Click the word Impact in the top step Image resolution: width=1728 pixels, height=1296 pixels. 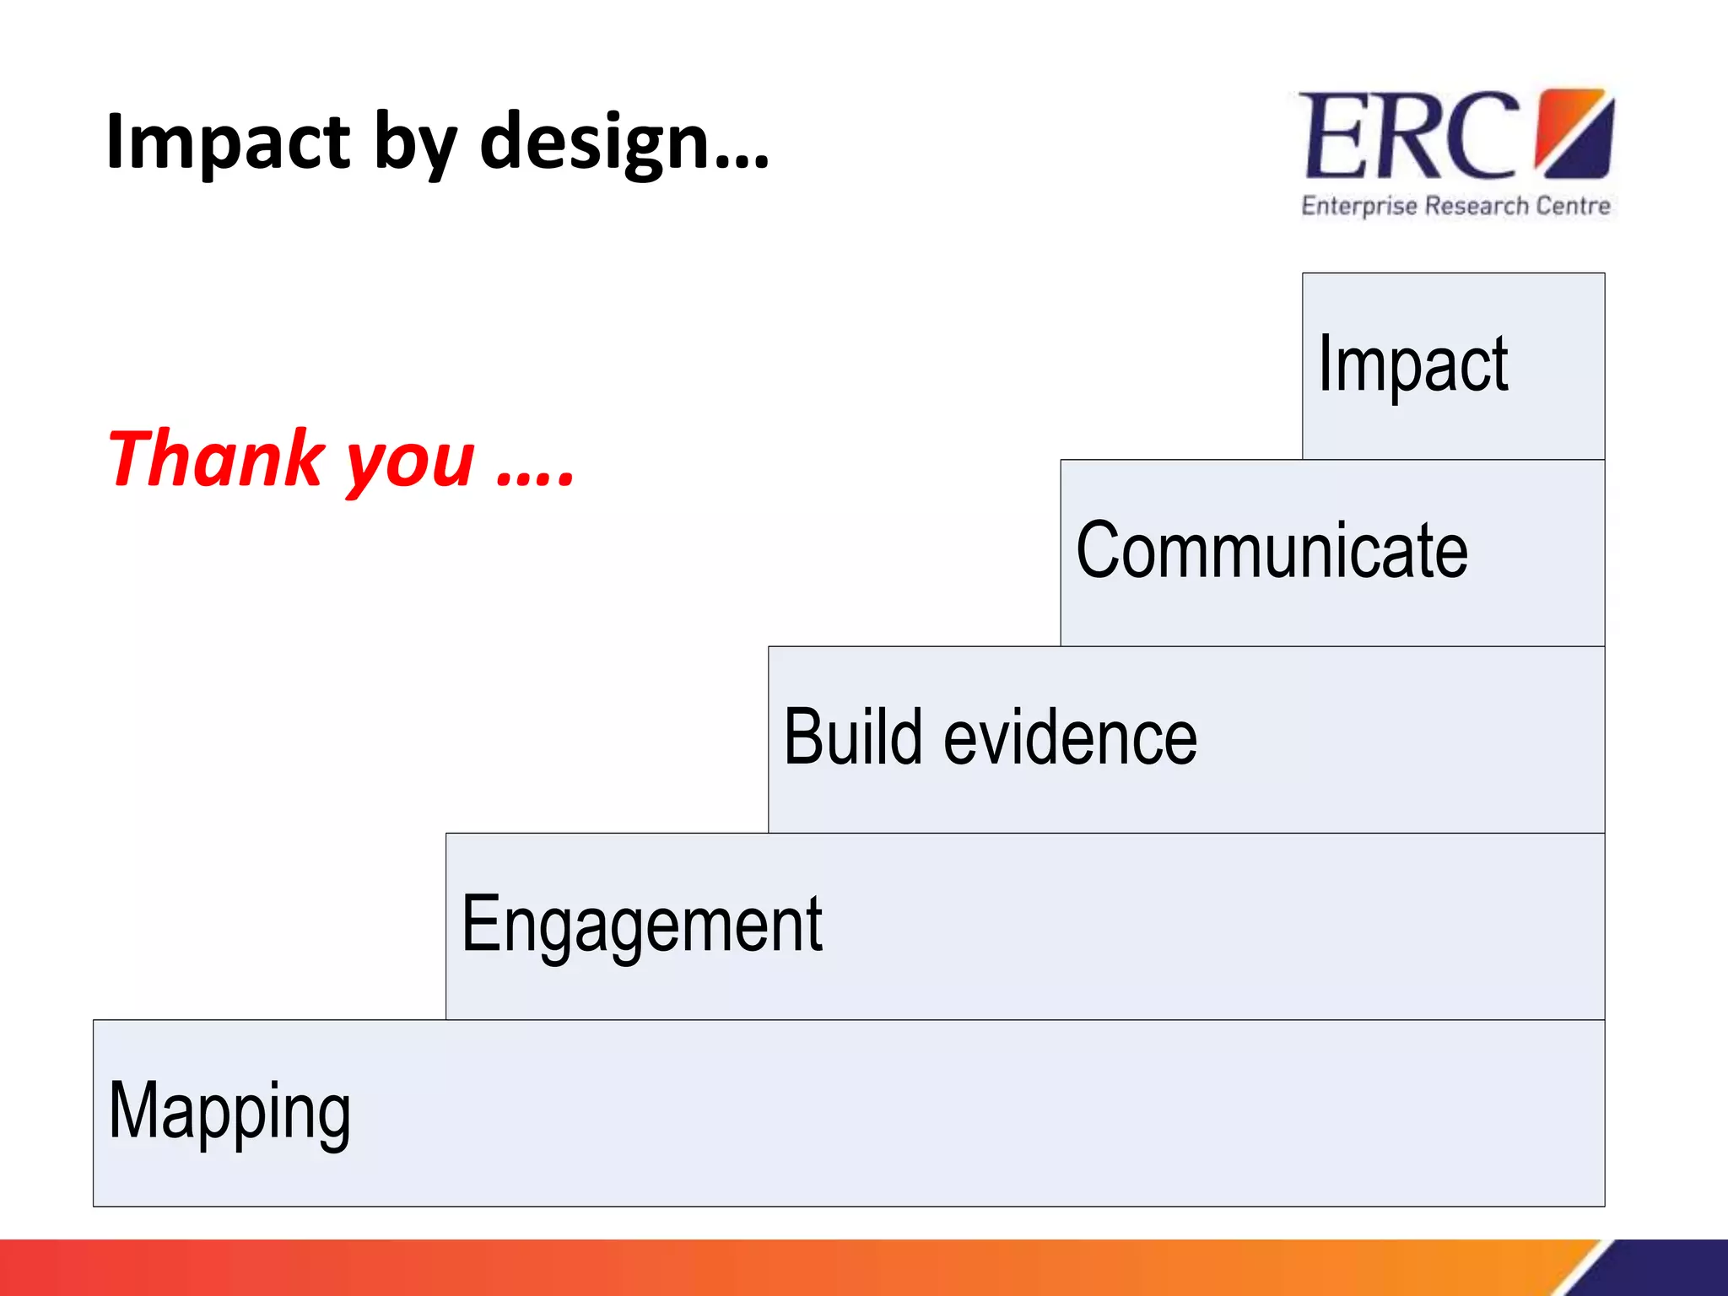click(x=1412, y=364)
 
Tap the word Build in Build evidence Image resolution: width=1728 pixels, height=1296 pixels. click(x=853, y=737)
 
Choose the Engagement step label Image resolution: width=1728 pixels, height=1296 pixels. click(x=641, y=926)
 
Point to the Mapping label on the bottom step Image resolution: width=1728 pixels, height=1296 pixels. click(x=229, y=1112)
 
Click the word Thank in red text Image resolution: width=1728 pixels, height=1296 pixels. click(x=216, y=459)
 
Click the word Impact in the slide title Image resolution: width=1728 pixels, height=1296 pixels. click(x=228, y=142)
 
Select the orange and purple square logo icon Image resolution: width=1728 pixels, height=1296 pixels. click(x=1574, y=133)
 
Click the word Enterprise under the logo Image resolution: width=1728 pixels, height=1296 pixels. click(x=1358, y=207)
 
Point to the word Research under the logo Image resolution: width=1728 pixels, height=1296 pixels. click(x=1476, y=206)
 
